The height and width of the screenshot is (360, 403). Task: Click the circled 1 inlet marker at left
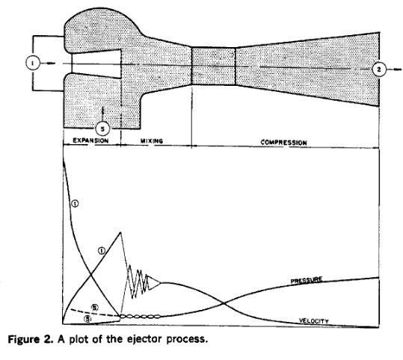point(33,63)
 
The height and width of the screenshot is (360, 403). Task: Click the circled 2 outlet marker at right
point(379,69)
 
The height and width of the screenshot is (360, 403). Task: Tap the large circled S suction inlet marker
point(103,128)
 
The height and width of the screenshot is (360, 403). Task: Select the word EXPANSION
point(90,140)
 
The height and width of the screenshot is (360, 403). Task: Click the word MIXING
point(152,141)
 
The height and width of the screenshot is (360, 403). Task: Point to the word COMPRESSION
point(284,143)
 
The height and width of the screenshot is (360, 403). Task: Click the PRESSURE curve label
point(307,280)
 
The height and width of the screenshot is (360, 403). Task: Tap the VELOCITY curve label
point(314,321)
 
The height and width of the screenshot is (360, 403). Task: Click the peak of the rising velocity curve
point(120,232)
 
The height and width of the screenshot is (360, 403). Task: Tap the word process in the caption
point(187,340)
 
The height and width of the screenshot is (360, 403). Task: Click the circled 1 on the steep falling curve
point(75,204)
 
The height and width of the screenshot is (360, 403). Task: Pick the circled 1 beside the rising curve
point(102,251)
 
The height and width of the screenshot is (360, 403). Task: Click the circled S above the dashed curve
point(95,308)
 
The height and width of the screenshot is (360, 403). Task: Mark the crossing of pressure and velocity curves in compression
point(224,303)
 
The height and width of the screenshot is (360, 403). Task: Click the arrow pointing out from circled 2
point(394,69)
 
